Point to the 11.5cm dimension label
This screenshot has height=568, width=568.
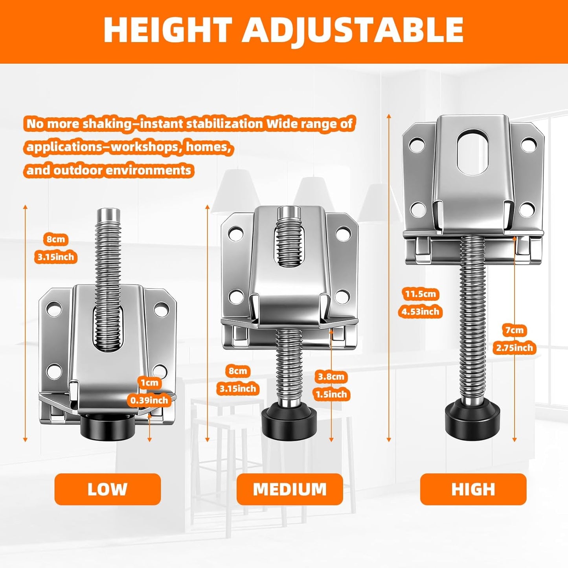420,294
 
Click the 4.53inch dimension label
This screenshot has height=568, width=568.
420,311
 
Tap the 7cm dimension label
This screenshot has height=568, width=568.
515,331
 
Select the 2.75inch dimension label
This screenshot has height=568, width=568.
515,348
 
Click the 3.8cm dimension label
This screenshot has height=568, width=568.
331,377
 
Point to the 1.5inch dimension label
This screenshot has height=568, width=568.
331,394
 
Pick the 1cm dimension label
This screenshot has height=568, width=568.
150,382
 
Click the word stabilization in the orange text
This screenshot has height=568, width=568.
223,124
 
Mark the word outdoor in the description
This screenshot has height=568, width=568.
74,170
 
